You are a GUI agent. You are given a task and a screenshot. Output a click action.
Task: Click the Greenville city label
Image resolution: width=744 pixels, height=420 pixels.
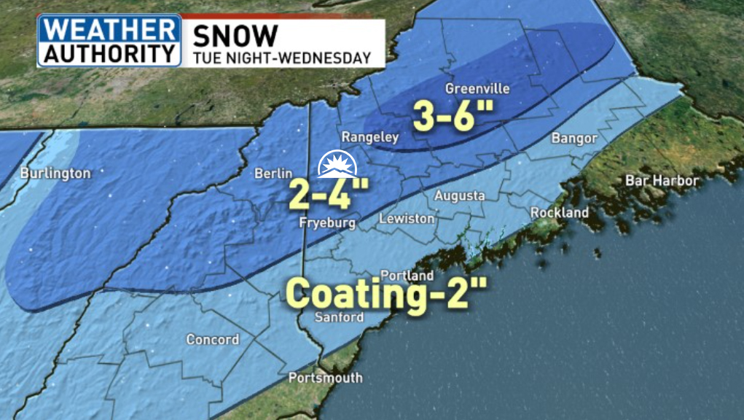coord(477,89)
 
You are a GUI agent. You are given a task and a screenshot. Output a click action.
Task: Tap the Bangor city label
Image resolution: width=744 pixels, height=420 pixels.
coord(574,138)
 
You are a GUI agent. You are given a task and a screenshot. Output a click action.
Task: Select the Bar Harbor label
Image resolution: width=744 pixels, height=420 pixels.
coord(662,180)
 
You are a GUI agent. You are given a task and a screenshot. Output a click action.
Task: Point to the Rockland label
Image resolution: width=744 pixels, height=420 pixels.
coord(559,212)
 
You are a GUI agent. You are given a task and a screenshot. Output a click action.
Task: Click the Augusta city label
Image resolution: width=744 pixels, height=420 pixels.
coord(459,195)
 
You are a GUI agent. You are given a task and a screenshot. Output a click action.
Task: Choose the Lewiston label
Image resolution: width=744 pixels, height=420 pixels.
coord(407,218)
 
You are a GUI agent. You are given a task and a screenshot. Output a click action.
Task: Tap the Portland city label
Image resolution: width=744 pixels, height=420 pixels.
coord(407,276)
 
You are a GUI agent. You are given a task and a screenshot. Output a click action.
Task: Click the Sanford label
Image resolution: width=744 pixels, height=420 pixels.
coord(339,317)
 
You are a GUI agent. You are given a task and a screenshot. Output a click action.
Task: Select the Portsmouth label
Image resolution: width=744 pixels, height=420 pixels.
coord(325,378)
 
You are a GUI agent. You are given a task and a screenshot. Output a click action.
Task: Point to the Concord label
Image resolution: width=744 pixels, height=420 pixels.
coord(212,340)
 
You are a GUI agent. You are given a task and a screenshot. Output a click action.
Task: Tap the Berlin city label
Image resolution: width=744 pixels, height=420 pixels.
coord(273,174)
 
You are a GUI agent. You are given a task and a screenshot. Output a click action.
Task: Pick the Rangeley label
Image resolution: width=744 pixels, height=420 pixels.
coord(371,137)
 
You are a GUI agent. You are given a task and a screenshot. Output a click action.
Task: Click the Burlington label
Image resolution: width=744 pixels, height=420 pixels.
coord(55,174)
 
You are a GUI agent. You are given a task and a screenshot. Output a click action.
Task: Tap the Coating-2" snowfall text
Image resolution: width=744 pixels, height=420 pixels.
coord(385,295)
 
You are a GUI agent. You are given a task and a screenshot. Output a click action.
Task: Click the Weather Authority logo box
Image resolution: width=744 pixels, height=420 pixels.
coord(109,41)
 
